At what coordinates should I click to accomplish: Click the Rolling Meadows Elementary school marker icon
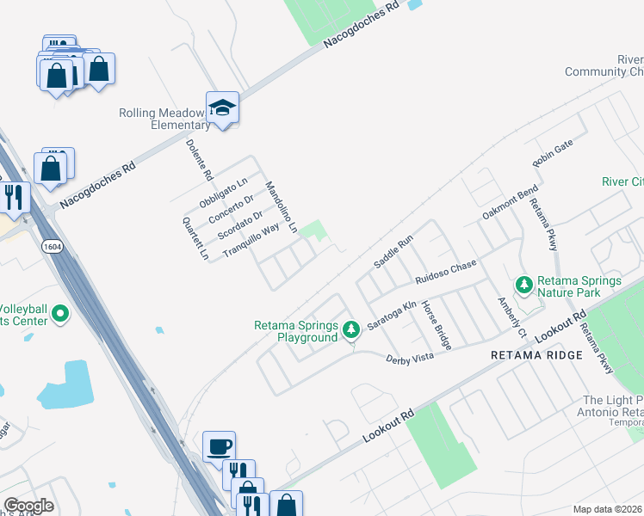[x=222, y=107]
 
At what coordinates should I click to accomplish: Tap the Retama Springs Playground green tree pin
[x=350, y=329]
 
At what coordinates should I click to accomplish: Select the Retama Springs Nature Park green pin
[x=523, y=284]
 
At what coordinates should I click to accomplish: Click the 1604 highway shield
[x=51, y=246]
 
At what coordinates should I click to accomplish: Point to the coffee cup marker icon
[x=219, y=446]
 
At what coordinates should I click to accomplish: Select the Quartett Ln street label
[x=196, y=239]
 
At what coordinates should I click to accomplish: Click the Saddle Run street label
[x=393, y=250]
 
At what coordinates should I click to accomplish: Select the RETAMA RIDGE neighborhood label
[x=536, y=354]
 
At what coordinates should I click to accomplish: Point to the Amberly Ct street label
[x=511, y=316]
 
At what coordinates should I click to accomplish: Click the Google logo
[x=28, y=506]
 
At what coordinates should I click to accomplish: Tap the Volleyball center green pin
[x=59, y=315]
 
